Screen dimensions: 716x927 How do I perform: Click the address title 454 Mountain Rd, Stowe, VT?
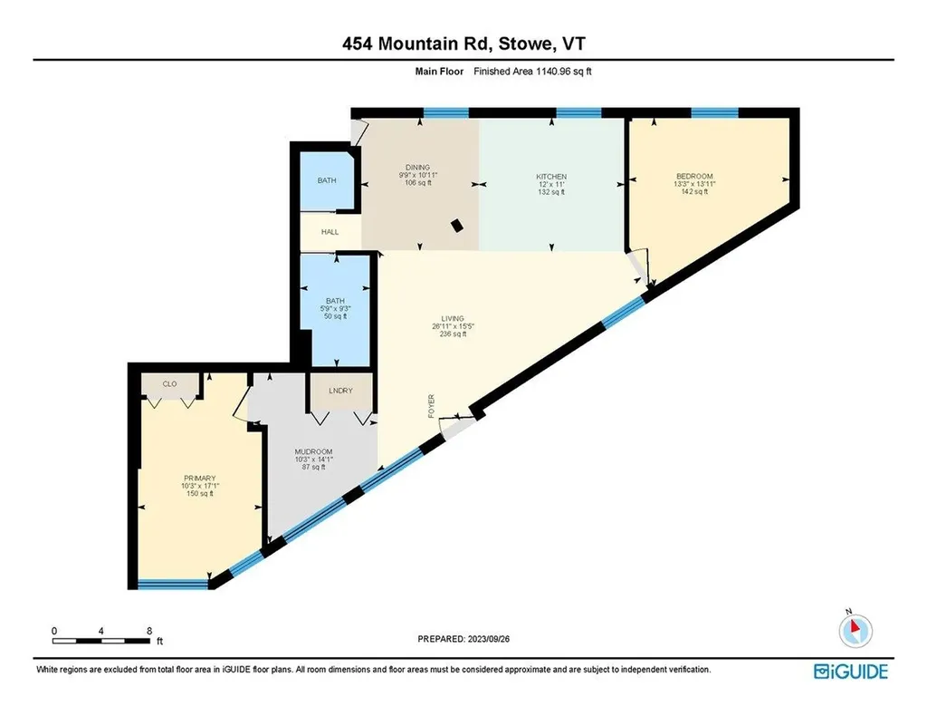pyautogui.click(x=463, y=44)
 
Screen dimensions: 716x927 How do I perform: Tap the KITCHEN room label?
pyautogui.click(x=550, y=176)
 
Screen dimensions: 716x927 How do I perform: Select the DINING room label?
pyautogui.click(x=417, y=168)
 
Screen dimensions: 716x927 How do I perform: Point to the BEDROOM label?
pyautogui.click(x=694, y=176)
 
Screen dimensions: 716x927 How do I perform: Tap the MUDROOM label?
pyautogui.click(x=313, y=451)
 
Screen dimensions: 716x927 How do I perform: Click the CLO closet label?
pyautogui.click(x=168, y=384)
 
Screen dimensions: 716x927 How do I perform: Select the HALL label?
pyautogui.click(x=330, y=232)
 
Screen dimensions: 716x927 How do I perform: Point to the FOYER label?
pyautogui.click(x=432, y=405)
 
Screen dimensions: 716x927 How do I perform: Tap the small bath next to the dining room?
pyautogui.click(x=326, y=180)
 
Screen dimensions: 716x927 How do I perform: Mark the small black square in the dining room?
pyautogui.click(x=457, y=224)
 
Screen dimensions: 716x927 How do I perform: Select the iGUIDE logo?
pyautogui.click(x=850, y=672)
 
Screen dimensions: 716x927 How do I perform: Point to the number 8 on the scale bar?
pyautogui.click(x=148, y=629)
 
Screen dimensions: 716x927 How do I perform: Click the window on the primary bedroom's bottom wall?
pyautogui.click(x=172, y=582)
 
